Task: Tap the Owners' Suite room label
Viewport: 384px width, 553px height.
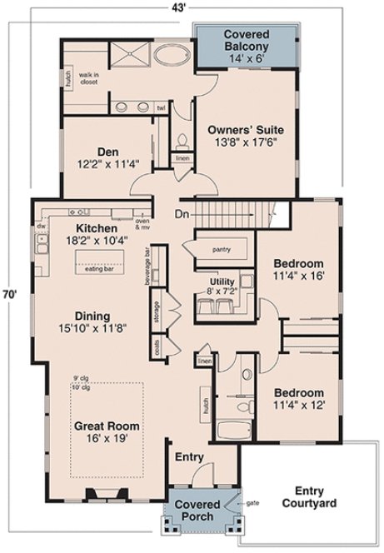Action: click(x=251, y=137)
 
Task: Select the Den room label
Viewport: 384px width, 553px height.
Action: click(x=107, y=157)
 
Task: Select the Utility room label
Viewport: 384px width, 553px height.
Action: click(x=220, y=285)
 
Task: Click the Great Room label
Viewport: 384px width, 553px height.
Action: click(x=106, y=431)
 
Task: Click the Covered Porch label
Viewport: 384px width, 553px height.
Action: click(x=198, y=511)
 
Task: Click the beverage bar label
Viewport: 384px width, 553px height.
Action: click(x=147, y=266)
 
